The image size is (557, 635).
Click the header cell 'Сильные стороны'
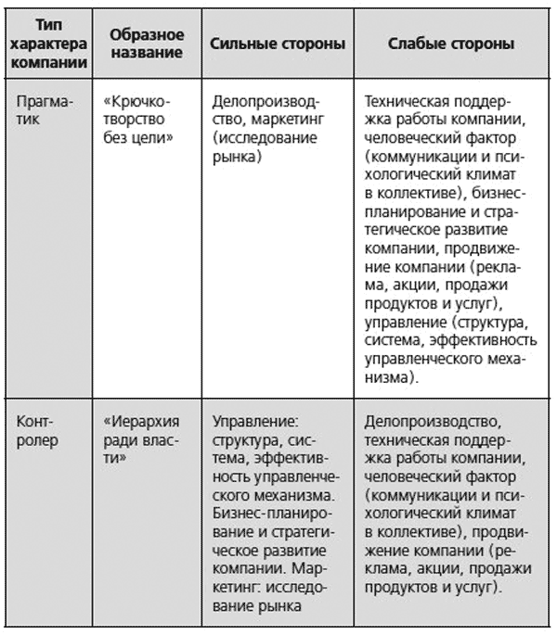278,44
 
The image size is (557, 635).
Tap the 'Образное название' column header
147,44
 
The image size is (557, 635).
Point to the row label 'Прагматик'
45,109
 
